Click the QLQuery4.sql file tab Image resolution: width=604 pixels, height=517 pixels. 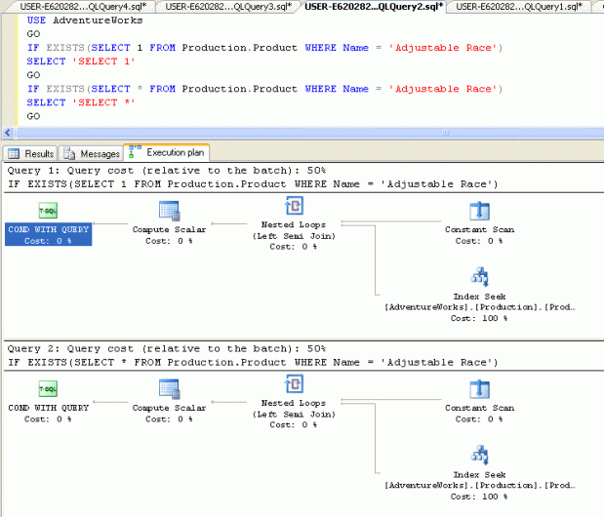coord(83,6)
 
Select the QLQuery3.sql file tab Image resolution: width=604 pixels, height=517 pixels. coord(228,6)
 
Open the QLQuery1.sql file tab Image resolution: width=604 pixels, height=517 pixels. coord(519,6)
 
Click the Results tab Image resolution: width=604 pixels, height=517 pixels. coord(31,153)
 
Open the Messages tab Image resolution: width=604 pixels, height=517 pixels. coord(92,153)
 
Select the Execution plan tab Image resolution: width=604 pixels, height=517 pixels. coord(167,152)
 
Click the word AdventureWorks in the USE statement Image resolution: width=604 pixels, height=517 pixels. coord(98,20)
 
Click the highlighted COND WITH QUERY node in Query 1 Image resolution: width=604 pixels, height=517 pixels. coord(48,234)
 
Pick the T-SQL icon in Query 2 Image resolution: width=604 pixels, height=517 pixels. coord(48,389)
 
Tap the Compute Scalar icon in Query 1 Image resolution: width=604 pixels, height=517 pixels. coord(170,211)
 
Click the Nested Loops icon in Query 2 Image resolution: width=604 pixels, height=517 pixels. coord(294,384)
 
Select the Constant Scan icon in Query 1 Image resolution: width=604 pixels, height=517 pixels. coord(479,211)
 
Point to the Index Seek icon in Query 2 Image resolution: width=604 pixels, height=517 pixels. coord(480,456)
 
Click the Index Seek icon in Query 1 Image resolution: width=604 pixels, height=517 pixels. coord(480,277)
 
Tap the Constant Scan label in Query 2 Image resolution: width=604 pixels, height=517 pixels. coord(479,408)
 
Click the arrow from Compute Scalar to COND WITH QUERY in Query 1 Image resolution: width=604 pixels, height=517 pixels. coord(110,223)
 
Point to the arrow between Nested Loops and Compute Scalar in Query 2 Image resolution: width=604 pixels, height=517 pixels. coord(228,402)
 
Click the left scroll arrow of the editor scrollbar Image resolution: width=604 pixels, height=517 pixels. coord(8,134)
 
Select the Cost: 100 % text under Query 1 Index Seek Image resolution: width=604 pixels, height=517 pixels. coord(479,318)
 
